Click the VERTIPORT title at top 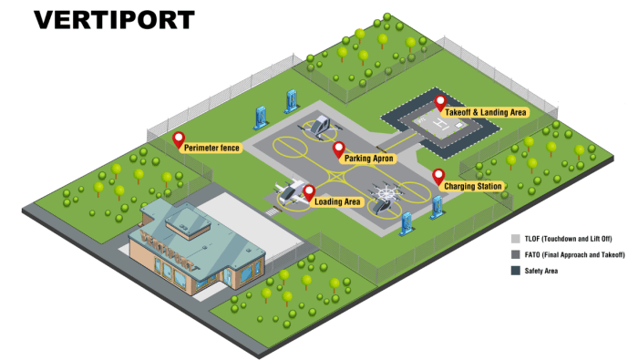114,20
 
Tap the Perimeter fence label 211,148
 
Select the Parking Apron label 368,159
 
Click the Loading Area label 337,201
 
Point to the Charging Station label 472,186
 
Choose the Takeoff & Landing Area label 485,112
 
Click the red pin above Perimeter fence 179,140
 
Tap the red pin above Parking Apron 338,149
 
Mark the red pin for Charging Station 438,177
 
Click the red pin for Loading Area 309,193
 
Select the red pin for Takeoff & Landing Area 440,103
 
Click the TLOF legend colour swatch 516,239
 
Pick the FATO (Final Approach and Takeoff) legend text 574,254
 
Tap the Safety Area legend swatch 516,271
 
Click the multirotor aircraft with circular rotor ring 385,197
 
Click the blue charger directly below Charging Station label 437,207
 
